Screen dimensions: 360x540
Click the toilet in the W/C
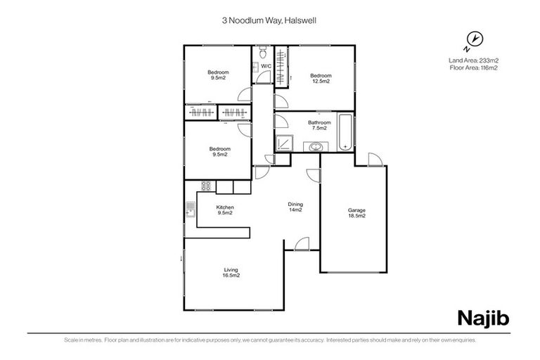pyautogui.click(x=262, y=53)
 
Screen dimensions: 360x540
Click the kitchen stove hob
pyautogui.click(x=206, y=186)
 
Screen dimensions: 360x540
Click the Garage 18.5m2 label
pyautogui.click(x=357, y=213)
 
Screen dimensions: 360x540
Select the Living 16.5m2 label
pyautogui.click(x=231, y=273)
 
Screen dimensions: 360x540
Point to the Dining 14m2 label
pyautogui.click(x=295, y=207)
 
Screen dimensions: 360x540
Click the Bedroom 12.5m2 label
pyautogui.click(x=320, y=79)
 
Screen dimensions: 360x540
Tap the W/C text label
pyautogui.click(x=266, y=67)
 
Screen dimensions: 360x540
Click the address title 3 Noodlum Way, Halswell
pyautogui.click(x=269, y=21)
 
